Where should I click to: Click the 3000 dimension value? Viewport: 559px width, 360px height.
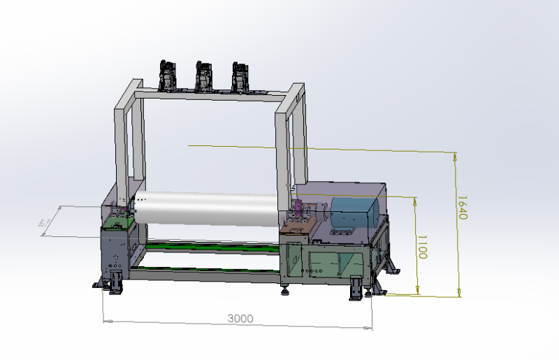[240, 318]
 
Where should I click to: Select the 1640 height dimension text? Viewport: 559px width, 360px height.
[461, 207]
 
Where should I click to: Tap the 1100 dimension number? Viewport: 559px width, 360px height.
[421, 247]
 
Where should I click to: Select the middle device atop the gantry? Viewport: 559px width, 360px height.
[203, 76]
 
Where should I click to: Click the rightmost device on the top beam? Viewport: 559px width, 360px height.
[240, 77]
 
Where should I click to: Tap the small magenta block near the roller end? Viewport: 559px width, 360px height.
[298, 208]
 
